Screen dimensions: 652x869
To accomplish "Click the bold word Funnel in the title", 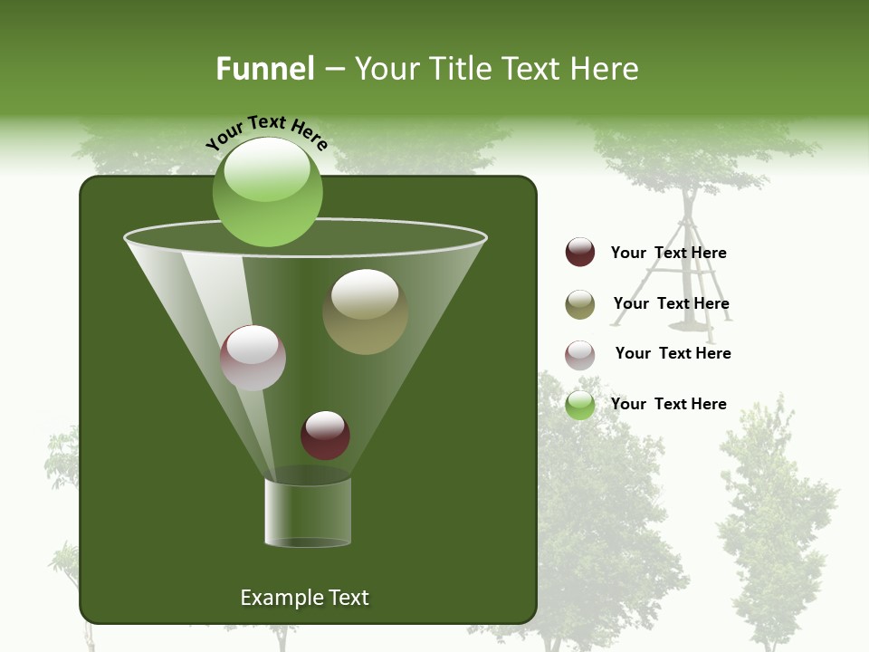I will pyautogui.click(x=264, y=69).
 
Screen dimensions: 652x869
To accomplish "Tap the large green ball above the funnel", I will pyautogui.click(x=267, y=192).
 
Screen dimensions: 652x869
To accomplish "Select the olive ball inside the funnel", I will pyautogui.click(x=365, y=312).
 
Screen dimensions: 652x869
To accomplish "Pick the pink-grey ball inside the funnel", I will pyautogui.click(x=253, y=358).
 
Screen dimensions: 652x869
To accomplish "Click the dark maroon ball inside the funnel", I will pyautogui.click(x=325, y=435).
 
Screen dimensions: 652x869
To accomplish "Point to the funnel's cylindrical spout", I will pyautogui.click(x=308, y=512).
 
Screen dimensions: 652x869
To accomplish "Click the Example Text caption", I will pyautogui.click(x=304, y=598).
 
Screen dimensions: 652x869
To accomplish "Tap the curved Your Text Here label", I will pyautogui.click(x=266, y=132).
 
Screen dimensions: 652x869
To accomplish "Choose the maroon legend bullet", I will pyautogui.click(x=580, y=252).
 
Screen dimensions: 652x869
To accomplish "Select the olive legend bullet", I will pyautogui.click(x=580, y=304).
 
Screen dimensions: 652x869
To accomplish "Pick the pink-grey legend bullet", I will pyautogui.click(x=580, y=355).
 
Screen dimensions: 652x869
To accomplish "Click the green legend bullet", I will pyautogui.click(x=580, y=405).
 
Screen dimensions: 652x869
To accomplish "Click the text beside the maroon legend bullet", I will pyautogui.click(x=668, y=253).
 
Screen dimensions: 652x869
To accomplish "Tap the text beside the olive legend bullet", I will pyautogui.click(x=671, y=303).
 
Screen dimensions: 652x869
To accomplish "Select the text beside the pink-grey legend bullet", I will pyautogui.click(x=673, y=353).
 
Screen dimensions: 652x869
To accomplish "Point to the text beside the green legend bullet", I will pyautogui.click(x=668, y=404).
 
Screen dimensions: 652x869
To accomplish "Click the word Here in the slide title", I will pyautogui.click(x=605, y=69).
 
